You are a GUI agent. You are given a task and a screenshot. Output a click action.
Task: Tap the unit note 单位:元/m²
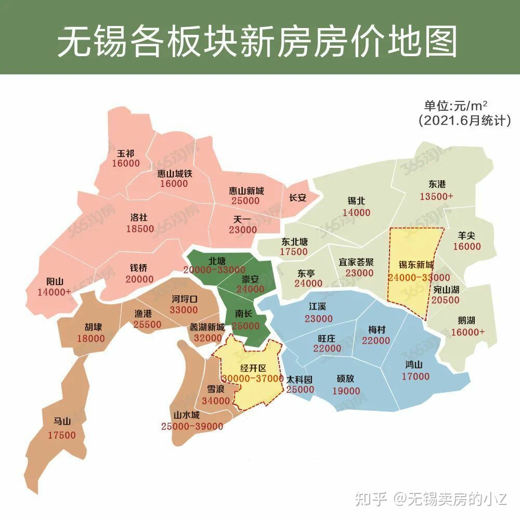(x=456, y=106)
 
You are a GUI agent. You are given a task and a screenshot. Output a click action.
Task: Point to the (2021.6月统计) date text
(x=464, y=121)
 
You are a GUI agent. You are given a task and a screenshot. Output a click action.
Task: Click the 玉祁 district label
(x=125, y=154)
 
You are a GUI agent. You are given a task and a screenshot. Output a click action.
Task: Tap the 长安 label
(x=297, y=198)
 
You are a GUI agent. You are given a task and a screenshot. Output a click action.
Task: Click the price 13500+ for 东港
(x=437, y=197)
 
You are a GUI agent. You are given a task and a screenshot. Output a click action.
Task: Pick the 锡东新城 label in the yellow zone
(x=417, y=264)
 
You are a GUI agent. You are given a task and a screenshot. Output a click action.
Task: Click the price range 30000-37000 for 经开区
(x=252, y=379)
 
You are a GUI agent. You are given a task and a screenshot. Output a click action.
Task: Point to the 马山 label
(x=62, y=422)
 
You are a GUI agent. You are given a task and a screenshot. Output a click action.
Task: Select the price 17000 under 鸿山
(x=415, y=376)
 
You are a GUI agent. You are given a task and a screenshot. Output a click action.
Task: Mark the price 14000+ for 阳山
(x=54, y=292)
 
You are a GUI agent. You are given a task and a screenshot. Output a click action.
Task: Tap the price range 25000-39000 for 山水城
(x=192, y=426)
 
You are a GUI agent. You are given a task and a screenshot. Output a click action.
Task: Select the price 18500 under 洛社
(x=140, y=228)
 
